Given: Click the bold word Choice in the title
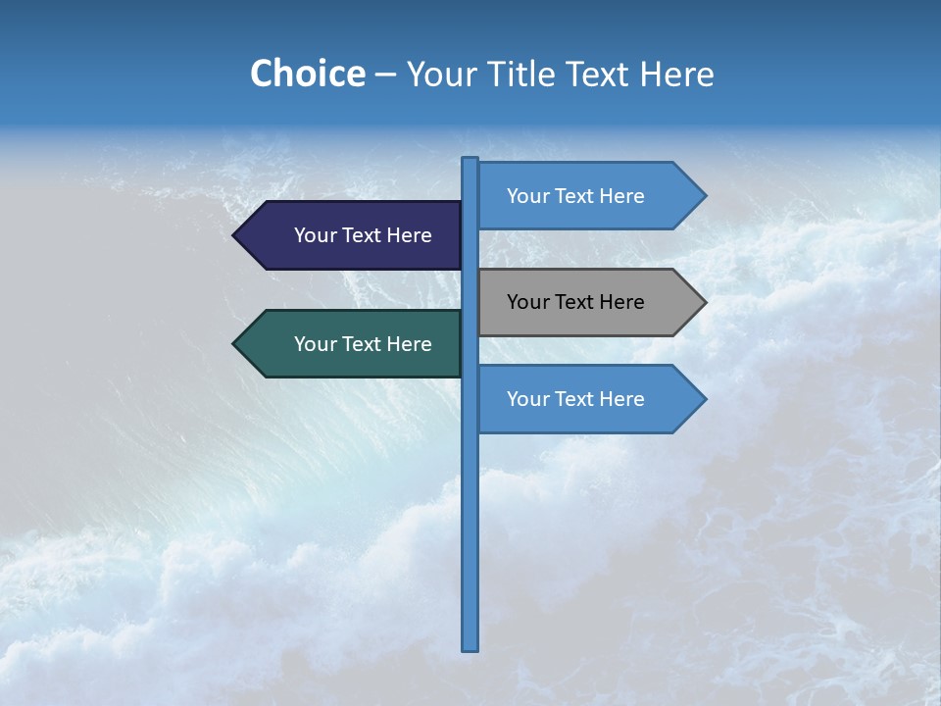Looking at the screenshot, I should (x=307, y=74).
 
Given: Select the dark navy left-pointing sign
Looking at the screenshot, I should (x=353, y=235).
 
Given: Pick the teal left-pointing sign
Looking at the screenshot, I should (x=353, y=344).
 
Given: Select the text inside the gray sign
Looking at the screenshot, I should (x=575, y=302).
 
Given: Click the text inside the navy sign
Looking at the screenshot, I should (x=363, y=235).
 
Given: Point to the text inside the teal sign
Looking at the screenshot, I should (x=363, y=344).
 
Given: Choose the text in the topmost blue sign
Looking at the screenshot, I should (x=575, y=196).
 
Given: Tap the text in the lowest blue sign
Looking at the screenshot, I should (x=575, y=399).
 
